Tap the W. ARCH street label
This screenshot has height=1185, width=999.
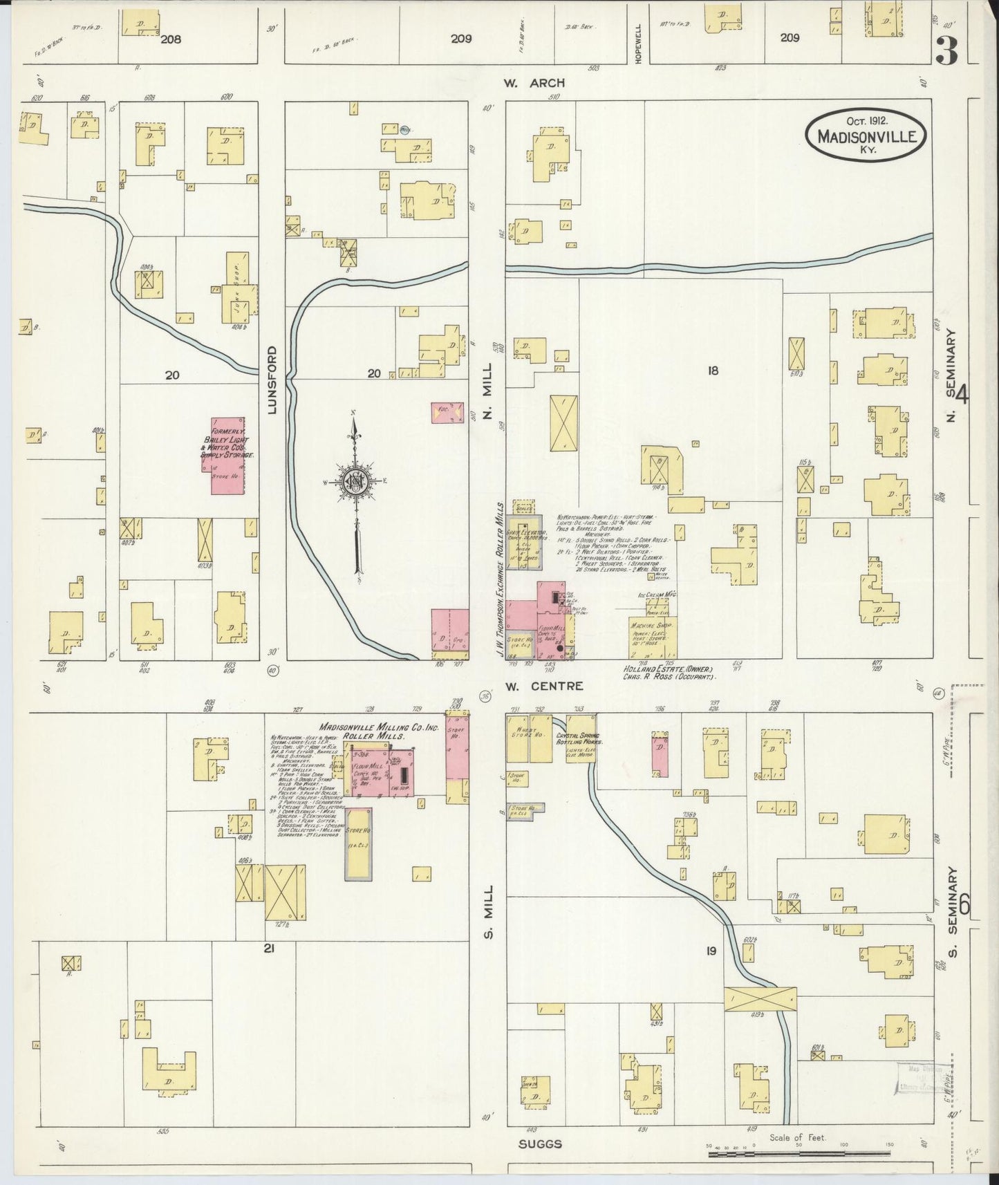click(534, 83)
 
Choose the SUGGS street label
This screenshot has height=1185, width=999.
click(540, 1144)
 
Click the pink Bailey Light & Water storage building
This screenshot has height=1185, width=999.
click(227, 456)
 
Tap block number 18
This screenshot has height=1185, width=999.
click(712, 371)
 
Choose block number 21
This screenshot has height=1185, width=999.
click(269, 949)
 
